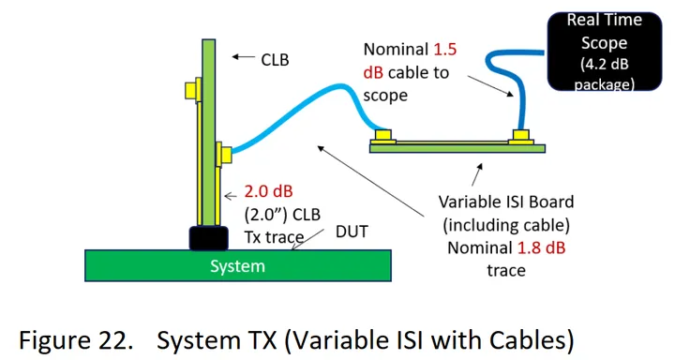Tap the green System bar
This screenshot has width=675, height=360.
141,265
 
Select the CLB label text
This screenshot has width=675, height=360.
275,59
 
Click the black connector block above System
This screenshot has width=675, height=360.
208,237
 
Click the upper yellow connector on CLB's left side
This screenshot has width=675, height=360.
190,91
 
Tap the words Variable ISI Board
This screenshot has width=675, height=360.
506,202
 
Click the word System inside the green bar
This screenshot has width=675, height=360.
237,266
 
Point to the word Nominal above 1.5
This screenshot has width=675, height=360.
397,48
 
